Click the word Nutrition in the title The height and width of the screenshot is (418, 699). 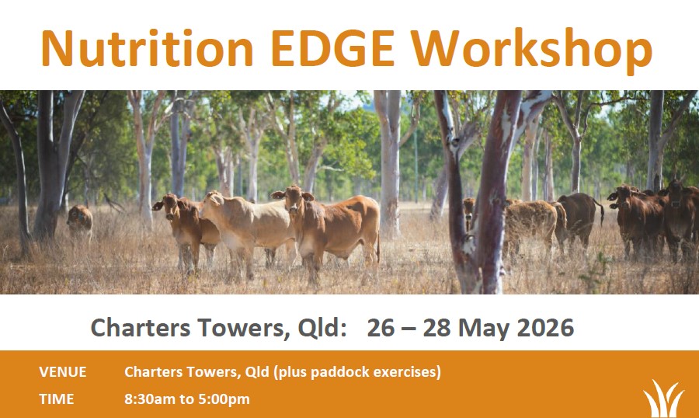click(x=147, y=48)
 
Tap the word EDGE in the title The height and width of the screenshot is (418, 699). click(x=332, y=48)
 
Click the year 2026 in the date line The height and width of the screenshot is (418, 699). click(x=545, y=327)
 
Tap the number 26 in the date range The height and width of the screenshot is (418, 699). click(x=381, y=327)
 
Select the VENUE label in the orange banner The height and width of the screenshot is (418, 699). click(x=63, y=372)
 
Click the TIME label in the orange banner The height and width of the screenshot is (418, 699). click(x=57, y=399)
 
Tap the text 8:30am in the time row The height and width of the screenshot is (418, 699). click(x=149, y=399)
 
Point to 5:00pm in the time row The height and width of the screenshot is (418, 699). click(x=224, y=399)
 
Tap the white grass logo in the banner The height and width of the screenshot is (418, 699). click(x=663, y=399)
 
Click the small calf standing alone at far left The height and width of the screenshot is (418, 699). click(x=80, y=221)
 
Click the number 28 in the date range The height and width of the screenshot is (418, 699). click(x=436, y=327)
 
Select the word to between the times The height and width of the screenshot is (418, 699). click(x=186, y=399)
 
